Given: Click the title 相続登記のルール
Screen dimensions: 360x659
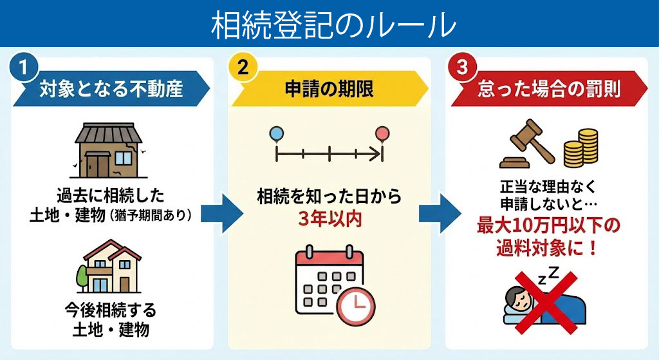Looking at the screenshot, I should click(x=329, y=24).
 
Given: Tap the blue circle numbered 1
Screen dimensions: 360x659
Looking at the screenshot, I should click(x=23, y=70).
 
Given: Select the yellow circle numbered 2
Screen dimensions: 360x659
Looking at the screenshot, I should click(x=242, y=70).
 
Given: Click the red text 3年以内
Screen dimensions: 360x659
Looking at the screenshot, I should click(x=329, y=218).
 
